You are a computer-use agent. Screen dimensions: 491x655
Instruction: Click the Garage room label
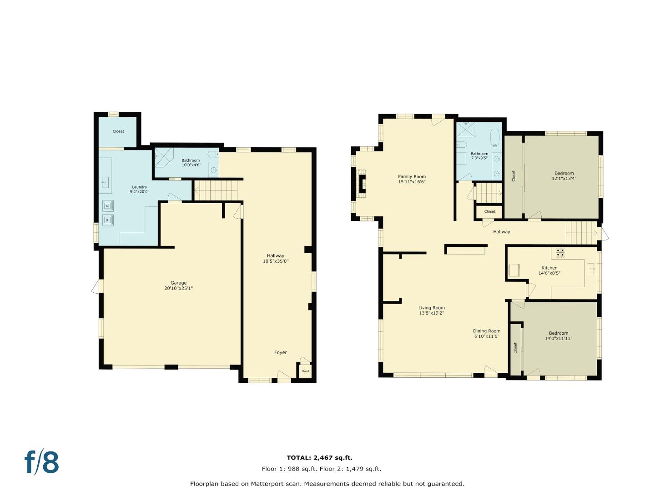click(x=178, y=286)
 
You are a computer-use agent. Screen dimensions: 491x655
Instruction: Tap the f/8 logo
click(x=41, y=462)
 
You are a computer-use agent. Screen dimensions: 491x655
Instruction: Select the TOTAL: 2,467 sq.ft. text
click(x=319, y=458)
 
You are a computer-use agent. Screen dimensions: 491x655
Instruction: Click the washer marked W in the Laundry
click(x=108, y=220)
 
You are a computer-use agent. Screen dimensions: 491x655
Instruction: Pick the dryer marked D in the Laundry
click(x=108, y=205)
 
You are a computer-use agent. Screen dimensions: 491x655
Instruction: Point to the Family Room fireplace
click(x=362, y=184)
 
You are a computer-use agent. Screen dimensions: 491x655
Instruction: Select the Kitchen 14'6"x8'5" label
click(x=549, y=271)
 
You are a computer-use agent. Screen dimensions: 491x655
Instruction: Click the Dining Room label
click(x=487, y=331)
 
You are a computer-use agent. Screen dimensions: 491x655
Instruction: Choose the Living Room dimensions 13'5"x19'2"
click(x=432, y=313)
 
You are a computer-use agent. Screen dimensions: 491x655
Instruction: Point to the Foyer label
click(x=281, y=352)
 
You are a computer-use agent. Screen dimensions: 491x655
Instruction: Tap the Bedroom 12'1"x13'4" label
click(x=564, y=176)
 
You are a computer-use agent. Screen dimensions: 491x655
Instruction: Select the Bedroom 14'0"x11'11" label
click(x=558, y=336)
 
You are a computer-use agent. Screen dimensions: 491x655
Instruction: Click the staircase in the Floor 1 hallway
click(x=216, y=190)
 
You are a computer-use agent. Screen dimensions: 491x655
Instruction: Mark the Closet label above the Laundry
click(x=118, y=131)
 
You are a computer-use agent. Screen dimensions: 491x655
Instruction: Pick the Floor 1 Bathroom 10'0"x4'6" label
click(x=191, y=162)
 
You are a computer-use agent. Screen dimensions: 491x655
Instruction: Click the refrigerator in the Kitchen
click(x=514, y=270)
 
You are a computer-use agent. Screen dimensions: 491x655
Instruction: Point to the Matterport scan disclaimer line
click(x=327, y=484)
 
